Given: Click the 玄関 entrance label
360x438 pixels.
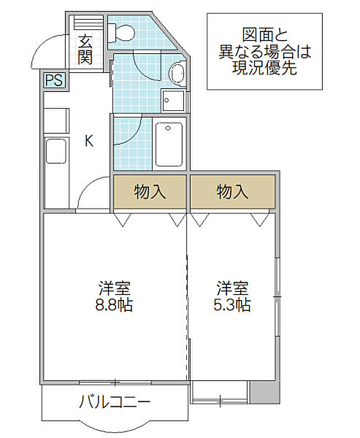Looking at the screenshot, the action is click(85, 50).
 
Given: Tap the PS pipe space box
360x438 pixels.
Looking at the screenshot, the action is click(54, 80).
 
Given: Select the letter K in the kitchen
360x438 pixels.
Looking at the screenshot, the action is click(89, 141).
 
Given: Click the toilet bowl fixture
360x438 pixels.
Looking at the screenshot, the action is click(122, 33).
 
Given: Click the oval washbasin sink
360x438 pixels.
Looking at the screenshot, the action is click(177, 73).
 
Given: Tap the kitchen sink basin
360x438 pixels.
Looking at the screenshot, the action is click(56, 151).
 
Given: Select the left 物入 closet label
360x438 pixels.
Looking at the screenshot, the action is click(150, 191).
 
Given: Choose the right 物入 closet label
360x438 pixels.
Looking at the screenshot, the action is click(232, 191).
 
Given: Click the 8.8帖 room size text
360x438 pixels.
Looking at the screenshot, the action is click(114, 304).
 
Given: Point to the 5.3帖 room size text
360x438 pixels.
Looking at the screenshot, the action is click(232, 304).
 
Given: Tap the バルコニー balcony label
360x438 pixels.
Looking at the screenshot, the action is click(115, 402).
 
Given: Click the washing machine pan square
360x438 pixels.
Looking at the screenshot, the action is click(173, 101).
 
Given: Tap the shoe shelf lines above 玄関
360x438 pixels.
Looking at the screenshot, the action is click(88, 22).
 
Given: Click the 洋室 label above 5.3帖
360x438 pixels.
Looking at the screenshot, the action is click(232, 288).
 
